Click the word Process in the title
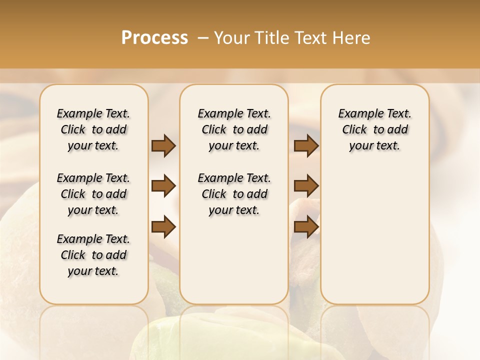(x=154, y=38)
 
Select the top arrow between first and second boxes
(x=163, y=146)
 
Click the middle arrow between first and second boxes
(x=163, y=186)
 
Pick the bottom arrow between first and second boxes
(x=163, y=227)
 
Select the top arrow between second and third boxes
(x=306, y=146)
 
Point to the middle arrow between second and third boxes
(x=306, y=186)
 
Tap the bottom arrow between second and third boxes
(x=306, y=227)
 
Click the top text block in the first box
(x=93, y=129)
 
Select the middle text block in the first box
(x=93, y=194)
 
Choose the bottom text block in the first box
(x=93, y=255)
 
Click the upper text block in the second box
(x=234, y=129)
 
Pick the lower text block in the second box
(x=234, y=194)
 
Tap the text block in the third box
(x=375, y=129)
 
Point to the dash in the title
(x=203, y=38)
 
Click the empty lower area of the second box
(x=234, y=265)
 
